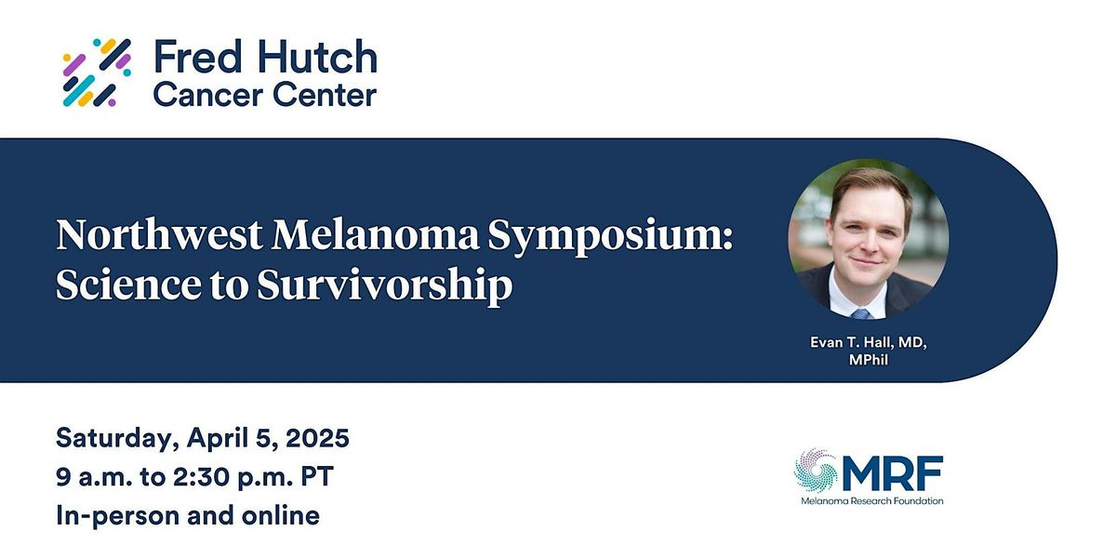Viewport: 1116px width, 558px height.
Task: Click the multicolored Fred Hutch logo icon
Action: click(x=97, y=73)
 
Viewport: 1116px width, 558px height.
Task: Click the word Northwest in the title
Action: click(x=159, y=234)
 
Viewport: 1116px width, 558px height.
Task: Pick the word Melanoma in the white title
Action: click(x=375, y=234)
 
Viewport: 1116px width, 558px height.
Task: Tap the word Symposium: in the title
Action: click(x=610, y=237)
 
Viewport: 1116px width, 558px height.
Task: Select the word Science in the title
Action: click(x=128, y=285)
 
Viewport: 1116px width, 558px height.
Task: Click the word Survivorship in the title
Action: click(x=385, y=286)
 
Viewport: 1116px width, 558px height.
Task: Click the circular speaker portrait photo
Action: click(x=869, y=239)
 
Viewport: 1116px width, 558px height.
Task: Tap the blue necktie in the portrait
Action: click(x=861, y=314)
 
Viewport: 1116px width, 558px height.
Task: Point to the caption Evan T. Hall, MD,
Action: click(x=869, y=343)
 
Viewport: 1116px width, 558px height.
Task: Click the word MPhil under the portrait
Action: click(x=869, y=360)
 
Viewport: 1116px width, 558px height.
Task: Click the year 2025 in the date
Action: click(x=317, y=438)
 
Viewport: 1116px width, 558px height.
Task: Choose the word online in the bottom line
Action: click(x=281, y=515)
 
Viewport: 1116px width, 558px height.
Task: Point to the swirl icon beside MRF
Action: click(x=817, y=471)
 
